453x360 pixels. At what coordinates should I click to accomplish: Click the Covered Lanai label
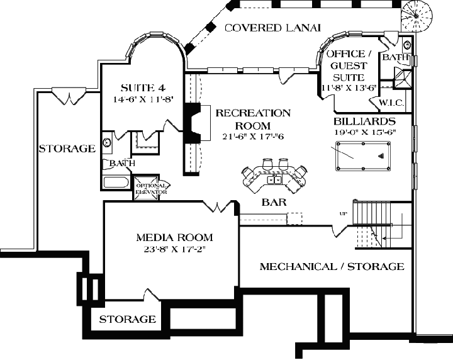[x=273, y=28]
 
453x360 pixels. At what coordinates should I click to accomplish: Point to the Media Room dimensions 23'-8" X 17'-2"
[x=174, y=250]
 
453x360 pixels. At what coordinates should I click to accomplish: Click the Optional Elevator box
[x=151, y=188]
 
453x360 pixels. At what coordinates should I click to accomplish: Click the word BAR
[x=274, y=203]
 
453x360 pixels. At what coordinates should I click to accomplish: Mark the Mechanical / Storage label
[x=332, y=266]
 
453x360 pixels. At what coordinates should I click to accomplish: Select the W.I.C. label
[x=391, y=103]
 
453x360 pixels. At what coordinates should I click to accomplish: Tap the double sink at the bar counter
[x=274, y=180]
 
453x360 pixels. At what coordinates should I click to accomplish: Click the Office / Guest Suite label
[x=346, y=65]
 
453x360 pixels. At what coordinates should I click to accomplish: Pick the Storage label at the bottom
[x=128, y=319]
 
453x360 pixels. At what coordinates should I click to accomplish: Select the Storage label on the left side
[x=67, y=149]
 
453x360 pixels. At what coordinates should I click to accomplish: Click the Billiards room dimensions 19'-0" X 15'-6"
[x=365, y=133]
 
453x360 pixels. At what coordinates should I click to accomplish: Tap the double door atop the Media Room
[x=218, y=207]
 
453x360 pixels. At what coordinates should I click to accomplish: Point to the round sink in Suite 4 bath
[x=107, y=143]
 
